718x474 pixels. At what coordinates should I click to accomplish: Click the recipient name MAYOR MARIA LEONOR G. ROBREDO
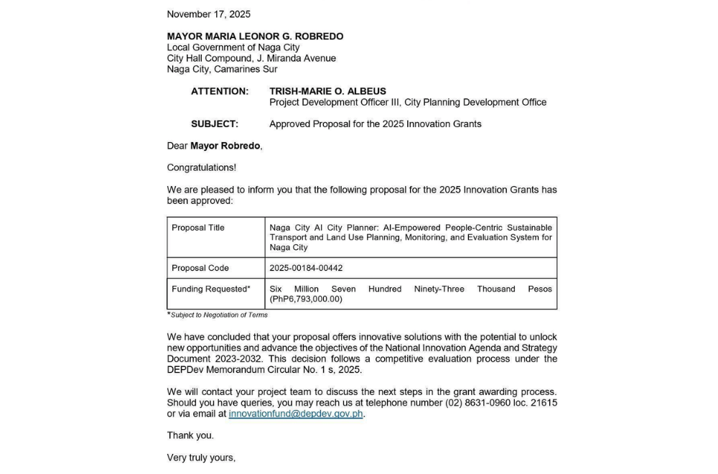(x=255, y=37)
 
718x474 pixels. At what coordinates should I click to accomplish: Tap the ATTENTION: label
(x=220, y=91)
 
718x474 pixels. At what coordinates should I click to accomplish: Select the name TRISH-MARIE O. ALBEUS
(x=327, y=91)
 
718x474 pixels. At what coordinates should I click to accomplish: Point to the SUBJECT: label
(x=215, y=124)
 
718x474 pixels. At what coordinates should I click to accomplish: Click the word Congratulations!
(x=201, y=167)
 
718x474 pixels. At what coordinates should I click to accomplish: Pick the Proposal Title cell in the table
(x=198, y=228)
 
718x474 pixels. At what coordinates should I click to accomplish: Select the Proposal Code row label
(x=200, y=268)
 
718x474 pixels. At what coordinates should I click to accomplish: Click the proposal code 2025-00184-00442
(x=306, y=268)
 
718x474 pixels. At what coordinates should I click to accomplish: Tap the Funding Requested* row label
(x=211, y=289)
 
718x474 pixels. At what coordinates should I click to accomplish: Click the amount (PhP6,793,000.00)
(x=306, y=299)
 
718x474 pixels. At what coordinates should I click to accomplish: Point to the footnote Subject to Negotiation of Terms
(x=219, y=315)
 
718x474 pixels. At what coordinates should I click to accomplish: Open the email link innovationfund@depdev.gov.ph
(x=296, y=414)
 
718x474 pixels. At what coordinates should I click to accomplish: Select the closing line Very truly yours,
(x=201, y=457)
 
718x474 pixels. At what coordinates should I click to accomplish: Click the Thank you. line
(x=190, y=435)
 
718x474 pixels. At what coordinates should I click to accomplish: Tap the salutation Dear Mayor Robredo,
(x=215, y=146)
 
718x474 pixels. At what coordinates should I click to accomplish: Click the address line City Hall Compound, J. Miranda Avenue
(x=251, y=58)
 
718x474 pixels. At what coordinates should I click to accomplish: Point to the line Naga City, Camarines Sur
(x=222, y=70)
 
